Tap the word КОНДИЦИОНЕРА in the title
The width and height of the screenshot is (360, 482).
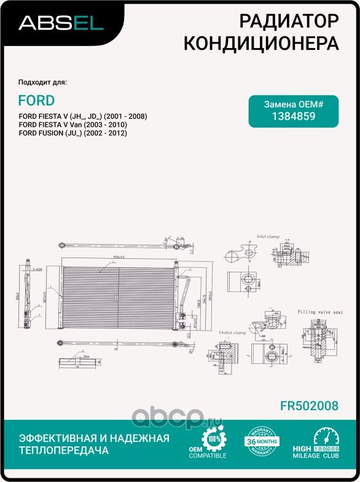[262, 44]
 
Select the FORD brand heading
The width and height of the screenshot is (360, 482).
[36, 100]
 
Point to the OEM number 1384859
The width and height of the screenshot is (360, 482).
[293, 116]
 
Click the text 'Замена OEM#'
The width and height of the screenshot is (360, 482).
[293, 104]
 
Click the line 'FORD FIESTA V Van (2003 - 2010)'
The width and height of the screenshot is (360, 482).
[73, 125]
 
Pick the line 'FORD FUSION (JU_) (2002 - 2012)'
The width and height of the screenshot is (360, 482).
[72, 133]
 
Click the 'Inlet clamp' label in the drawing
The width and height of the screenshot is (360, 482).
[268, 235]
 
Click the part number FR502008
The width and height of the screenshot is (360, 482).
[308, 406]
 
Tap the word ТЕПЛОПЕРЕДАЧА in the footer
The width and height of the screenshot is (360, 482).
[64, 451]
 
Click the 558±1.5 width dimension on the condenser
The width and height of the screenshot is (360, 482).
[111, 257]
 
